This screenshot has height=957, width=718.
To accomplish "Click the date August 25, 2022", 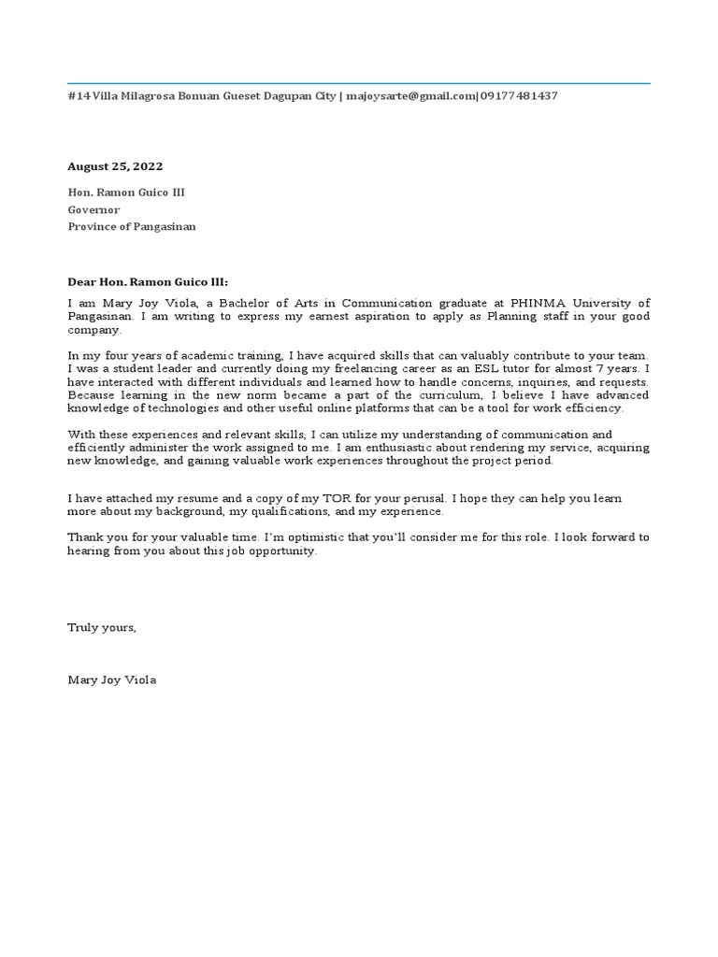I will [114, 166].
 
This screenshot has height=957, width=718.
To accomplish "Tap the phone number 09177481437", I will [519, 95].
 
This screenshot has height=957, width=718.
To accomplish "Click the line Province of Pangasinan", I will [132, 227].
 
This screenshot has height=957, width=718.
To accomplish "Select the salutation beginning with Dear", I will [148, 281].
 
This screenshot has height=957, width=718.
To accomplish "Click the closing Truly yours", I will [102, 627].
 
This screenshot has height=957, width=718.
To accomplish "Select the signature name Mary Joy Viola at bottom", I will [112, 679].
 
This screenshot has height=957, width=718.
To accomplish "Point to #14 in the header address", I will [78, 95].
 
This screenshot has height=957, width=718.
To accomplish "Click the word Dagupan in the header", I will [290, 95].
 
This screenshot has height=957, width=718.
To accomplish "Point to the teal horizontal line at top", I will [359, 83].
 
